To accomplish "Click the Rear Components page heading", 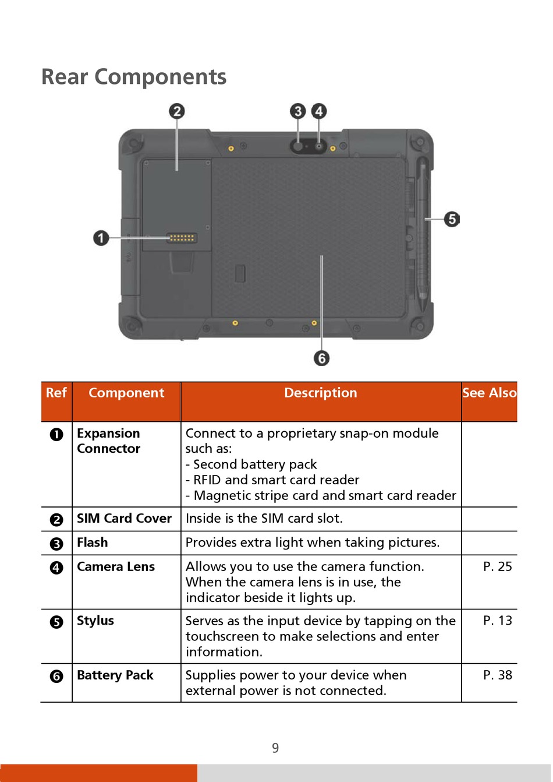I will coord(134,77).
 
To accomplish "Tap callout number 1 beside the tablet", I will coord(101,238).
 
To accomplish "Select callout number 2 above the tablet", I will coord(177,111).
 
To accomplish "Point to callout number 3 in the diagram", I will coord(298,111).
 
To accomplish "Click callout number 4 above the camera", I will coord(318,111).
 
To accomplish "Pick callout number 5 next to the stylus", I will coord(452,219).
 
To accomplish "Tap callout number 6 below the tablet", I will coord(321,358).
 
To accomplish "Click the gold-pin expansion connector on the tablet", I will coord(182,238).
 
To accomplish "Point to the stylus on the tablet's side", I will coord(422,233).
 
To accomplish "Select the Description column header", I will coord(320,393).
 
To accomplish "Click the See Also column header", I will coord(489,393).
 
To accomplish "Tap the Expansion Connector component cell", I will coord(109,441).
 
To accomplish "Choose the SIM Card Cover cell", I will coord(124,519).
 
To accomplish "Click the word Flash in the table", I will coord(93,543).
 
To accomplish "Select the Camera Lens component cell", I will coord(116,566).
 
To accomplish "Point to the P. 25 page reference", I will coord(497,566).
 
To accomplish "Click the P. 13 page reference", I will coord(497,621).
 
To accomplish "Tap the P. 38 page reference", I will coord(497,675).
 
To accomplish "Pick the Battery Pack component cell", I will coord(115,675).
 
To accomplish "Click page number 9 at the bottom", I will coord(275,748).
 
